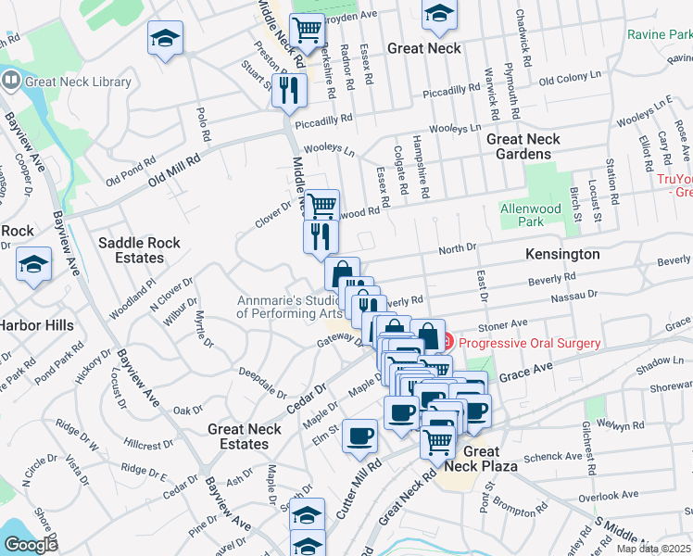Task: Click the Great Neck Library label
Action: tap(78, 82)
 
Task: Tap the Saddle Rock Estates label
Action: tap(139, 250)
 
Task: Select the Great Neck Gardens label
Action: tap(523, 146)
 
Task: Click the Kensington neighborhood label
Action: tap(561, 254)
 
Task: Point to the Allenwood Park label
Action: tap(531, 216)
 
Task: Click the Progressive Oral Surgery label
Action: tap(529, 343)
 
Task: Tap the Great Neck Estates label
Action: tap(245, 436)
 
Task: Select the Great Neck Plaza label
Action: tap(481, 459)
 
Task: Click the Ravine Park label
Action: tap(659, 34)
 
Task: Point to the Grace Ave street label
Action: tap(525, 375)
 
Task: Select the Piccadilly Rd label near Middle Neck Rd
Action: tap(323, 120)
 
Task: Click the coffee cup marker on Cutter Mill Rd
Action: tap(359, 435)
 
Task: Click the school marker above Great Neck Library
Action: tap(165, 38)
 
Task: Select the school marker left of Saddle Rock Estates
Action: tap(33, 264)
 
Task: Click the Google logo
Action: tap(31, 545)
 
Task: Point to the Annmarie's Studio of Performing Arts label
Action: tap(289, 307)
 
